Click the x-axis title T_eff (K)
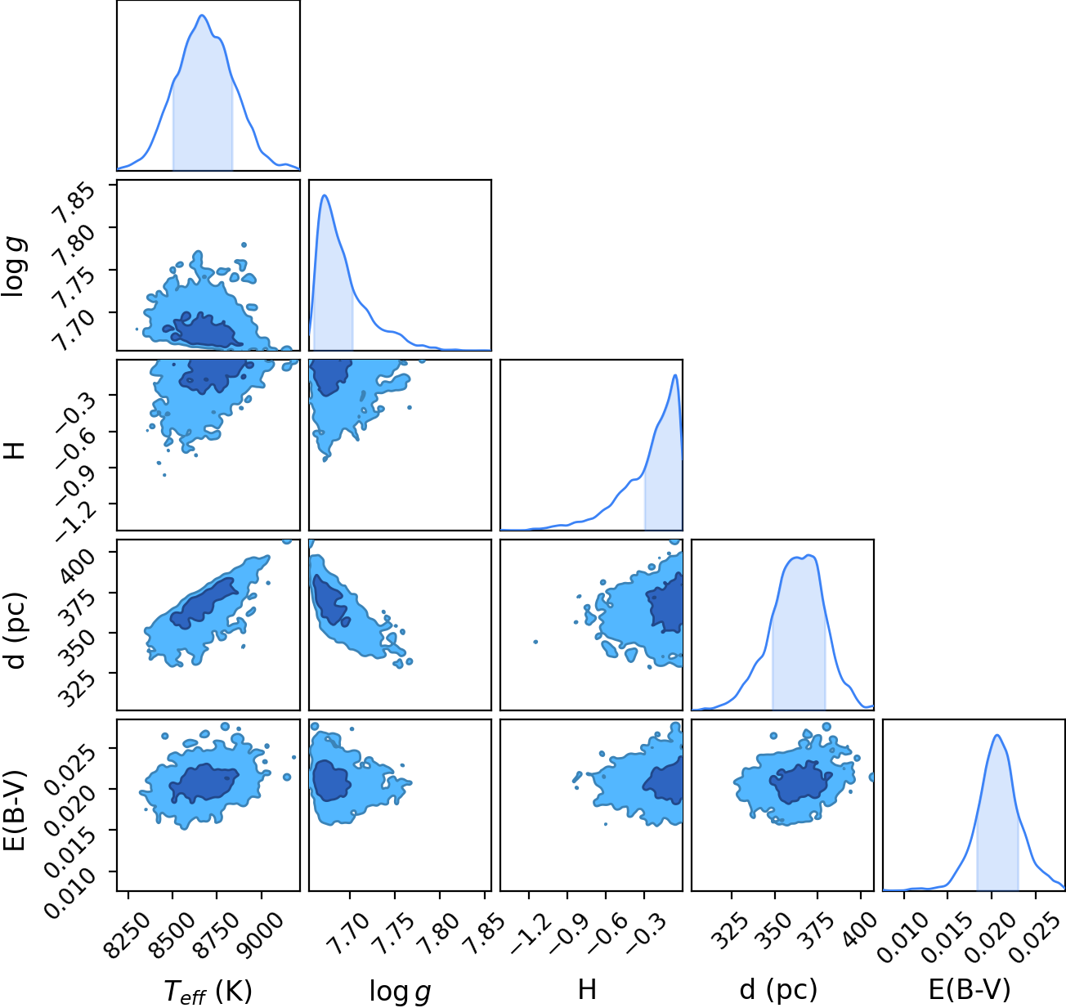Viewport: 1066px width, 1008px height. tap(208, 990)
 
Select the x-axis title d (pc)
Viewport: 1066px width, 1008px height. tap(778, 989)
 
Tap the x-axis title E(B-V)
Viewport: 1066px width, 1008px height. tap(970, 989)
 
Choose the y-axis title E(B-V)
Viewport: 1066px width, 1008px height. tap(15, 810)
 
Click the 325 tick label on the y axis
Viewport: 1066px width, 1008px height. tap(77, 688)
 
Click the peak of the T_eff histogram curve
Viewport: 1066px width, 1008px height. tap(202, 15)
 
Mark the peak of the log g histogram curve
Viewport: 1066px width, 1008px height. tap(325, 195)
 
